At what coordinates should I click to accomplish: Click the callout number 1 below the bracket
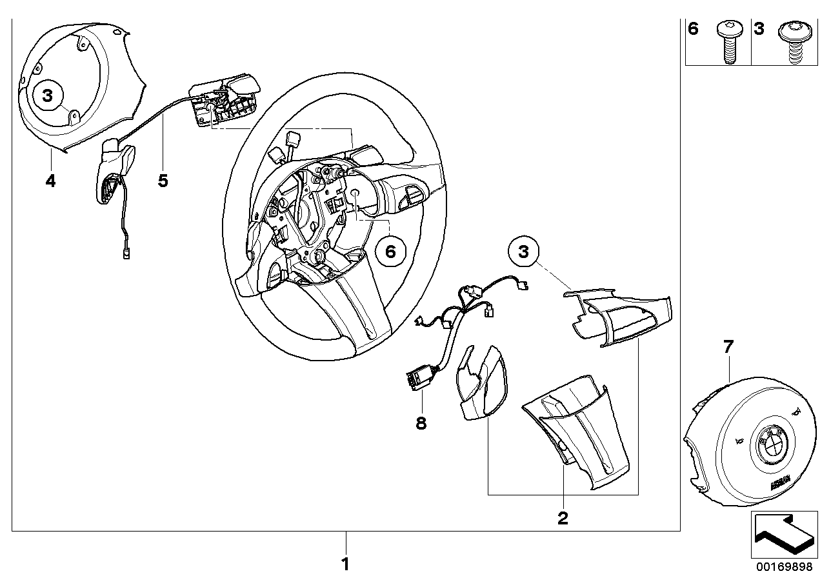click(x=345, y=564)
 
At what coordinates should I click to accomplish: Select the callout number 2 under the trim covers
click(x=563, y=517)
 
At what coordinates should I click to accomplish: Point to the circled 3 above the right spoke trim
click(x=523, y=252)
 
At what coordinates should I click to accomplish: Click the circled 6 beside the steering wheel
click(x=390, y=251)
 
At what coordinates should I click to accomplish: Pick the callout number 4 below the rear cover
click(x=50, y=181)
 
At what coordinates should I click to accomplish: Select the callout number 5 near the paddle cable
click(x=163, y=181)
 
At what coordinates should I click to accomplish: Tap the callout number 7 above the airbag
click(x=727, y=347)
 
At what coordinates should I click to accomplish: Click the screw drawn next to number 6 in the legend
click(x=727, y=43)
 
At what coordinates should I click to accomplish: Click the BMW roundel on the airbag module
click(x=771, y=446)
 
